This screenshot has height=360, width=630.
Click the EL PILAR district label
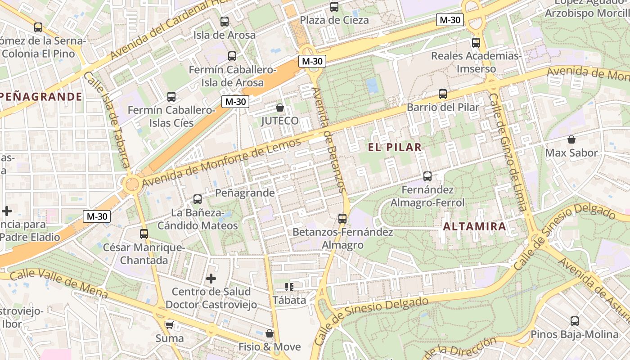(395, 147)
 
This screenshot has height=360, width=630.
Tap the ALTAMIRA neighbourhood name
(475, 226)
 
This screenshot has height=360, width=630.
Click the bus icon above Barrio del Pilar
(443, 94)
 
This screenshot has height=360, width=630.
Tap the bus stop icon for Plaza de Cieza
(334, 7)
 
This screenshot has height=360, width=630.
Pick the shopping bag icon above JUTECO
(279, 108)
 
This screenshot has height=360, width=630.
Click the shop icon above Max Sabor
(571, 139)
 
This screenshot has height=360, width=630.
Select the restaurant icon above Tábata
(289, 287)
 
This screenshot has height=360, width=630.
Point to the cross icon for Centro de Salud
(211, 279)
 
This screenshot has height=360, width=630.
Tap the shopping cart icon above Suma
(169, 325)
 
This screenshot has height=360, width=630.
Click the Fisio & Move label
(269, 346)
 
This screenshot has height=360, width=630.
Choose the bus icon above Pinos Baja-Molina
(574, 321)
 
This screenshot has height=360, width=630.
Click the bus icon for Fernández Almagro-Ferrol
(427, 176)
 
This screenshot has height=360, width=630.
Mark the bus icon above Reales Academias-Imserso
(476, 43)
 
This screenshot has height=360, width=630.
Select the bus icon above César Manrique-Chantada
(144, 234)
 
